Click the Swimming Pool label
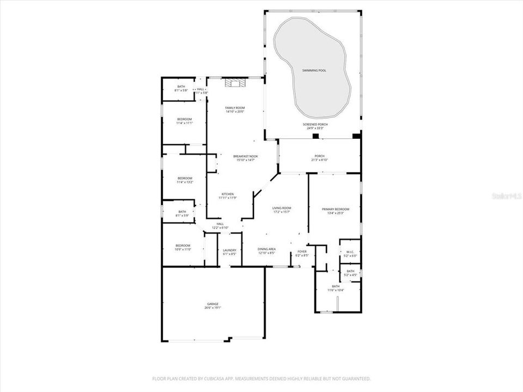click(314, 71)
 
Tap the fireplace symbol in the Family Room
click(235, 83)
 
